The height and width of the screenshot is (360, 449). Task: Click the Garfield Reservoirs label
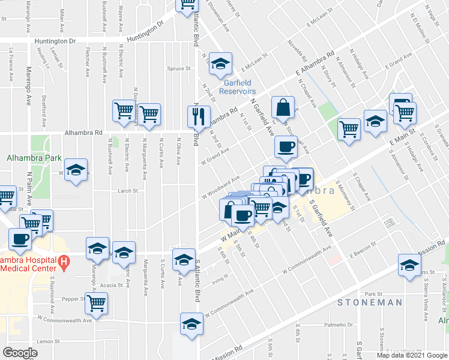(x=235, y=87)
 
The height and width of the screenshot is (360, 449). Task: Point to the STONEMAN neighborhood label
(x=370, y=302)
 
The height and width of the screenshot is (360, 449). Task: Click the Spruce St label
(x=179, y=68)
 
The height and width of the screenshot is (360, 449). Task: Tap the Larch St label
(x=128, y=191)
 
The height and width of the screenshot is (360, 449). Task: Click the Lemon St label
(x=46, y=341)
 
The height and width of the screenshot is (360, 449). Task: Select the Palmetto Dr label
(x=339, y=325)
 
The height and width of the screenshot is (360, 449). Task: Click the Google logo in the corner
(x=20, y=352)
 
